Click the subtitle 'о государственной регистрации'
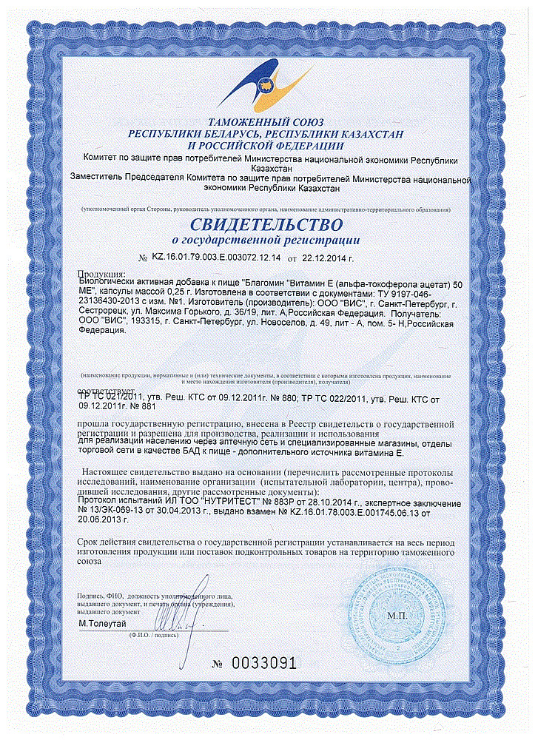click(269, 240)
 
